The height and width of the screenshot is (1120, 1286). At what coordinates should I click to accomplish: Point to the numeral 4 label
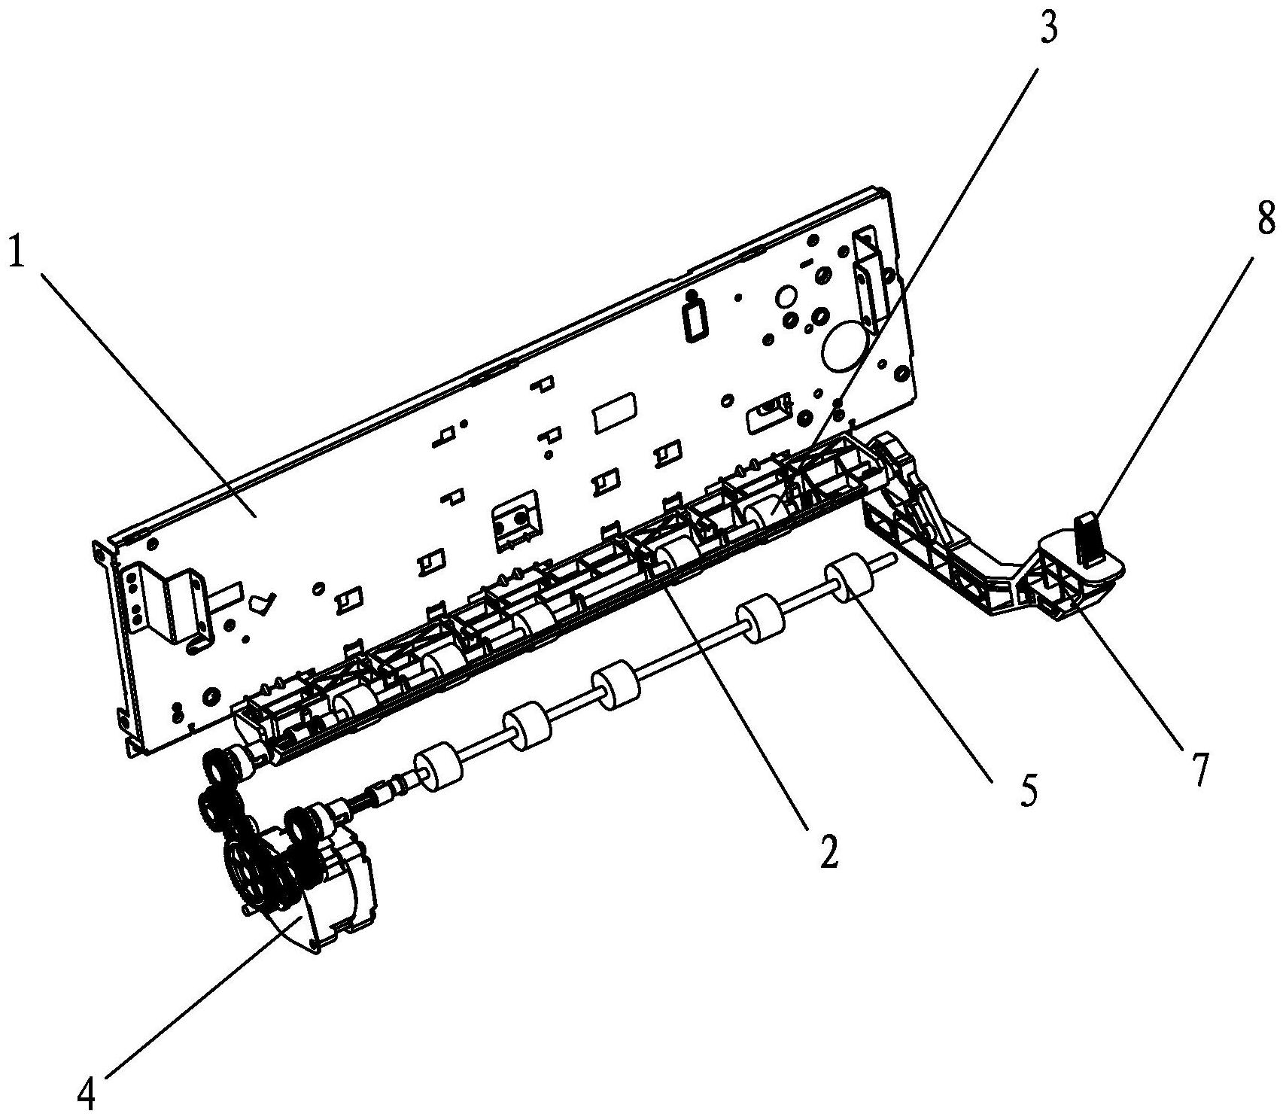(x=87, y=1095)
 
